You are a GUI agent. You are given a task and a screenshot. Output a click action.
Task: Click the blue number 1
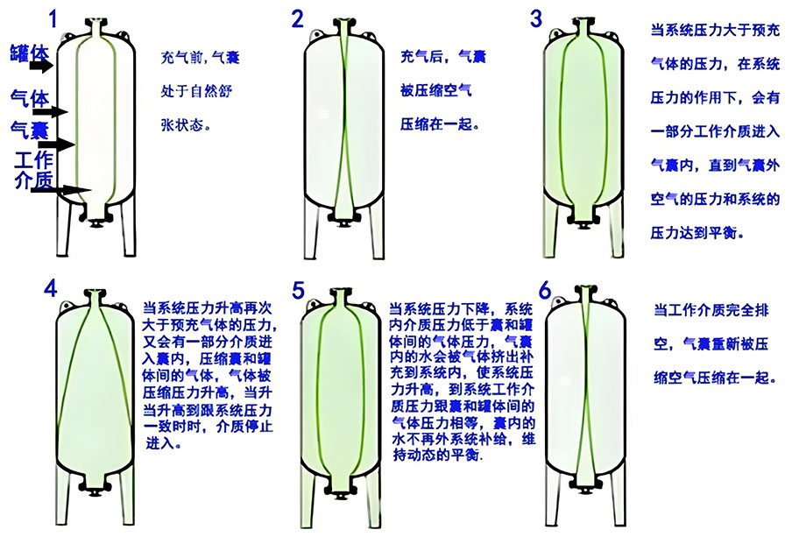(53, 19)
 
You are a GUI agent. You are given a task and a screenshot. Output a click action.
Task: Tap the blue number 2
(298, 18)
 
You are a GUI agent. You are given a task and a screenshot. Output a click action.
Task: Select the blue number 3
(536, 18)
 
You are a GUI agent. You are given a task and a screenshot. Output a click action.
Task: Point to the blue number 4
(51, 289)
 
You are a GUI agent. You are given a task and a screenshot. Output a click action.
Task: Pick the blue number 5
(299, 290)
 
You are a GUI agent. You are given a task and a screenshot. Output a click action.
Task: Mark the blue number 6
(545, 291)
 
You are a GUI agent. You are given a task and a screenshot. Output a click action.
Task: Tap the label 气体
(30, 99)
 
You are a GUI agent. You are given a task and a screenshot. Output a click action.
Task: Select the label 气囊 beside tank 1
(30, 131)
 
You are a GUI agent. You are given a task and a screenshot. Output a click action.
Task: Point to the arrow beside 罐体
(41, 66)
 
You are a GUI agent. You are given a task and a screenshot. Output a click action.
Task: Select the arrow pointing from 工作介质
(61, 190)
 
